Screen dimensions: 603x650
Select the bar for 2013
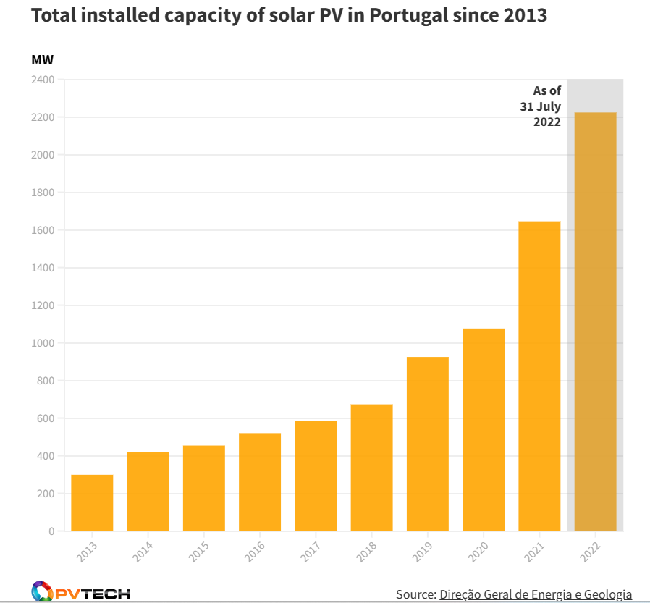coord(92,503)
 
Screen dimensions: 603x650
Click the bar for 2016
coord(260,482)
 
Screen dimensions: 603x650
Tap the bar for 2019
coord(428,444)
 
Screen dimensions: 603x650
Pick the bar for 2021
coord(539,376)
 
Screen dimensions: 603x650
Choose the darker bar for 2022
coord(596,322)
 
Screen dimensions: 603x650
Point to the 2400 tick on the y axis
coord(43,80)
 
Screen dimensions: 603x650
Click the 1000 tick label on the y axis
coord(43,343)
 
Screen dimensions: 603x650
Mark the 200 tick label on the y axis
coord(46,494)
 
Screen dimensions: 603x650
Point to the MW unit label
coord(42,60)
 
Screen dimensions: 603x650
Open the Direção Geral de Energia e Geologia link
coord(536,594)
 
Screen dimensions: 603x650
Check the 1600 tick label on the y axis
coord(43,230)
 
